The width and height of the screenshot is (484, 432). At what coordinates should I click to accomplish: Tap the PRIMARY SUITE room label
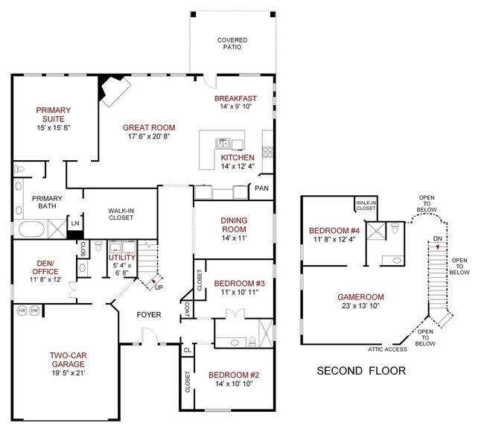click(53, 115)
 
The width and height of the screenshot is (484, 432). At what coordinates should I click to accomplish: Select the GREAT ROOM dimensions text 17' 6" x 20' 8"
click(149, 137)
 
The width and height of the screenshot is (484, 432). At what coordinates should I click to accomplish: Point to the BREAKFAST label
click(235, 99)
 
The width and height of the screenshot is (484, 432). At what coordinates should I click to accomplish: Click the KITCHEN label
click(238, 158)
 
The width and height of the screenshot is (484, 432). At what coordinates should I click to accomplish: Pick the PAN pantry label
click(261, 189)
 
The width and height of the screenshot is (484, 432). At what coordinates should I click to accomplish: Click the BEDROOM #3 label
click(234, 284)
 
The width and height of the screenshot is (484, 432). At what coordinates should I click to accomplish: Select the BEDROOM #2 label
click(234, 375)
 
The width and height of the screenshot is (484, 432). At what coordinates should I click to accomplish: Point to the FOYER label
click(149, 314)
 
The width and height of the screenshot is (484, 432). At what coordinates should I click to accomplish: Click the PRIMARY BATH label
click(46, 203)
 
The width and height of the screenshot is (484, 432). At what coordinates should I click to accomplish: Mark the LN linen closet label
click(74, 223)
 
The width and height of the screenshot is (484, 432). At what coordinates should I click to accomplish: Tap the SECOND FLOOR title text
click(362, 370)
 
